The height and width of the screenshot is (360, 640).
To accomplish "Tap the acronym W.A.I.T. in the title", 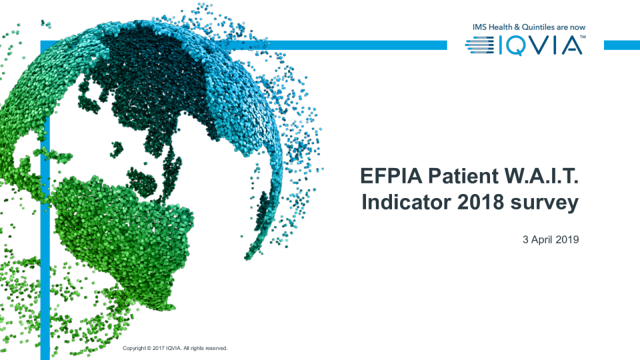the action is pos(541,176).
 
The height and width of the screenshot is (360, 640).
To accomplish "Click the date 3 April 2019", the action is pos(551,239).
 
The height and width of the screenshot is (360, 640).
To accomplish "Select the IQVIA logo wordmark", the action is pos(541,45).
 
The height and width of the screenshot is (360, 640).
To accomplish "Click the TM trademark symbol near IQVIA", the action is pos(583,37).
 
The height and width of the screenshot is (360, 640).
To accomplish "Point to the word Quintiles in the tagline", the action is pos(538,27).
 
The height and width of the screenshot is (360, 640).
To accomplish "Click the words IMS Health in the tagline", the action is pos(492,27).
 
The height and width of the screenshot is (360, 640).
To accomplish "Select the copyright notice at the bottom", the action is pos(175,348).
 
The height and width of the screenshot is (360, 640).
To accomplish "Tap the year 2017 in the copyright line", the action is pos(159,348).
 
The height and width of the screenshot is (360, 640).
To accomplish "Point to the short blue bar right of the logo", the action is pos(621,45).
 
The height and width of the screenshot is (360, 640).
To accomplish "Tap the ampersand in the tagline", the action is pos(517,27).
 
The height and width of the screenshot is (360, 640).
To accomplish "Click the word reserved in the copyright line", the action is pos(216,348).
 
